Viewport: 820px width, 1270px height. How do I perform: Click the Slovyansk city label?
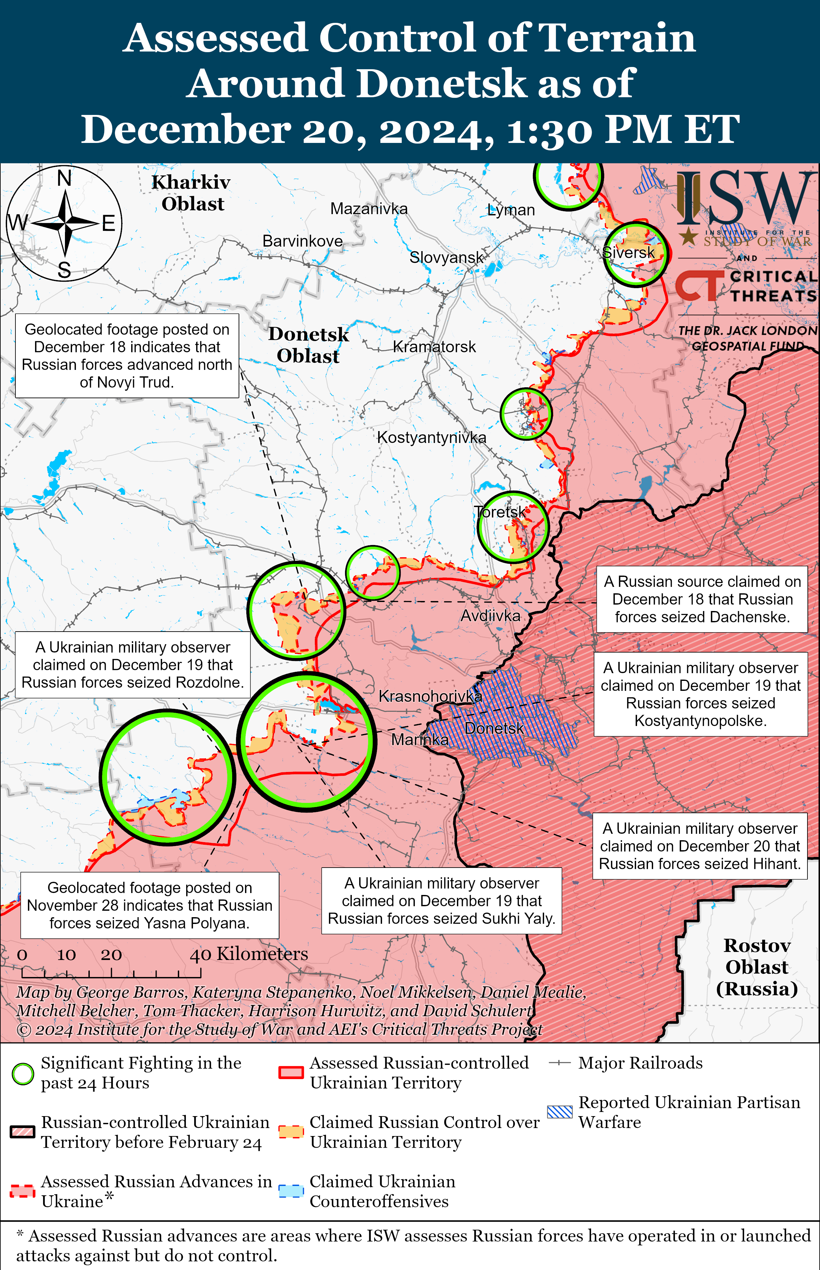[x=446, y=258]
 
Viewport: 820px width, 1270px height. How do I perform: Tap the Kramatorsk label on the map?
[x=434, y=347]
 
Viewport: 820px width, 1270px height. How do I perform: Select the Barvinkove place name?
[x=303, y=241]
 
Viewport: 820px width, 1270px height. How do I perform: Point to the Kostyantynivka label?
[x=431, y=437]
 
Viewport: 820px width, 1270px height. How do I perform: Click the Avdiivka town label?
[x=490, y=616]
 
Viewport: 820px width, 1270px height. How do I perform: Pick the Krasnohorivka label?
[x=430, y=696]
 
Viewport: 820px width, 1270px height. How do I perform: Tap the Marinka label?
[x=420, y=740]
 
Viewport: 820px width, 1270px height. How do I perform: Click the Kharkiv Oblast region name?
[x=192, y=193]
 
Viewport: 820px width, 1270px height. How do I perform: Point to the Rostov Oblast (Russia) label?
[x=757, y=967]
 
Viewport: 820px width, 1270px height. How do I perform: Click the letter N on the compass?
[x=64, y=178]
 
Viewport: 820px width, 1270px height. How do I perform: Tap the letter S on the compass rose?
[x=64, y=270]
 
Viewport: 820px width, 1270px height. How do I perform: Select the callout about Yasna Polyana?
[x=150, y=905]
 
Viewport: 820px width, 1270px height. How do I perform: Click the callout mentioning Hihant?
[x=700, y=846]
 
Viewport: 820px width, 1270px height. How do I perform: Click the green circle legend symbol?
[x=23, y=1074]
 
